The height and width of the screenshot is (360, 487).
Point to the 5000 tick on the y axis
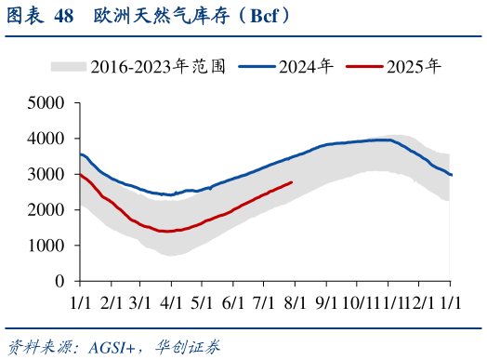[46, 102]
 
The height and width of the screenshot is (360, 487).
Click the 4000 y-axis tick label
[46, 139]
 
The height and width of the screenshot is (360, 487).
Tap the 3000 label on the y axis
[46, 174]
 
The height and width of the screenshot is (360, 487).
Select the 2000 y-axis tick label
[46, 209]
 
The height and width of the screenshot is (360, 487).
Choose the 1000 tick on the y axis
[46, 246]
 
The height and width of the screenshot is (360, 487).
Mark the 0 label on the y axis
[59, 281]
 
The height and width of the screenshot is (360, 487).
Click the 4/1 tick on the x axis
[171, 302]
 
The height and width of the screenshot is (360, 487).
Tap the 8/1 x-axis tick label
[296, 302]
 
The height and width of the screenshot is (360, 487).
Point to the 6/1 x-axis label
[233, 302]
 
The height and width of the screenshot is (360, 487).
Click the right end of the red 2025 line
[291, 182]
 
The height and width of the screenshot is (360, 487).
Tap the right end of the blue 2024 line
[452, 175]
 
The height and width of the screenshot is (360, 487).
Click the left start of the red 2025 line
[80, 174]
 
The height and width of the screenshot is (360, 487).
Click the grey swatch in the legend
[68, 66]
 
